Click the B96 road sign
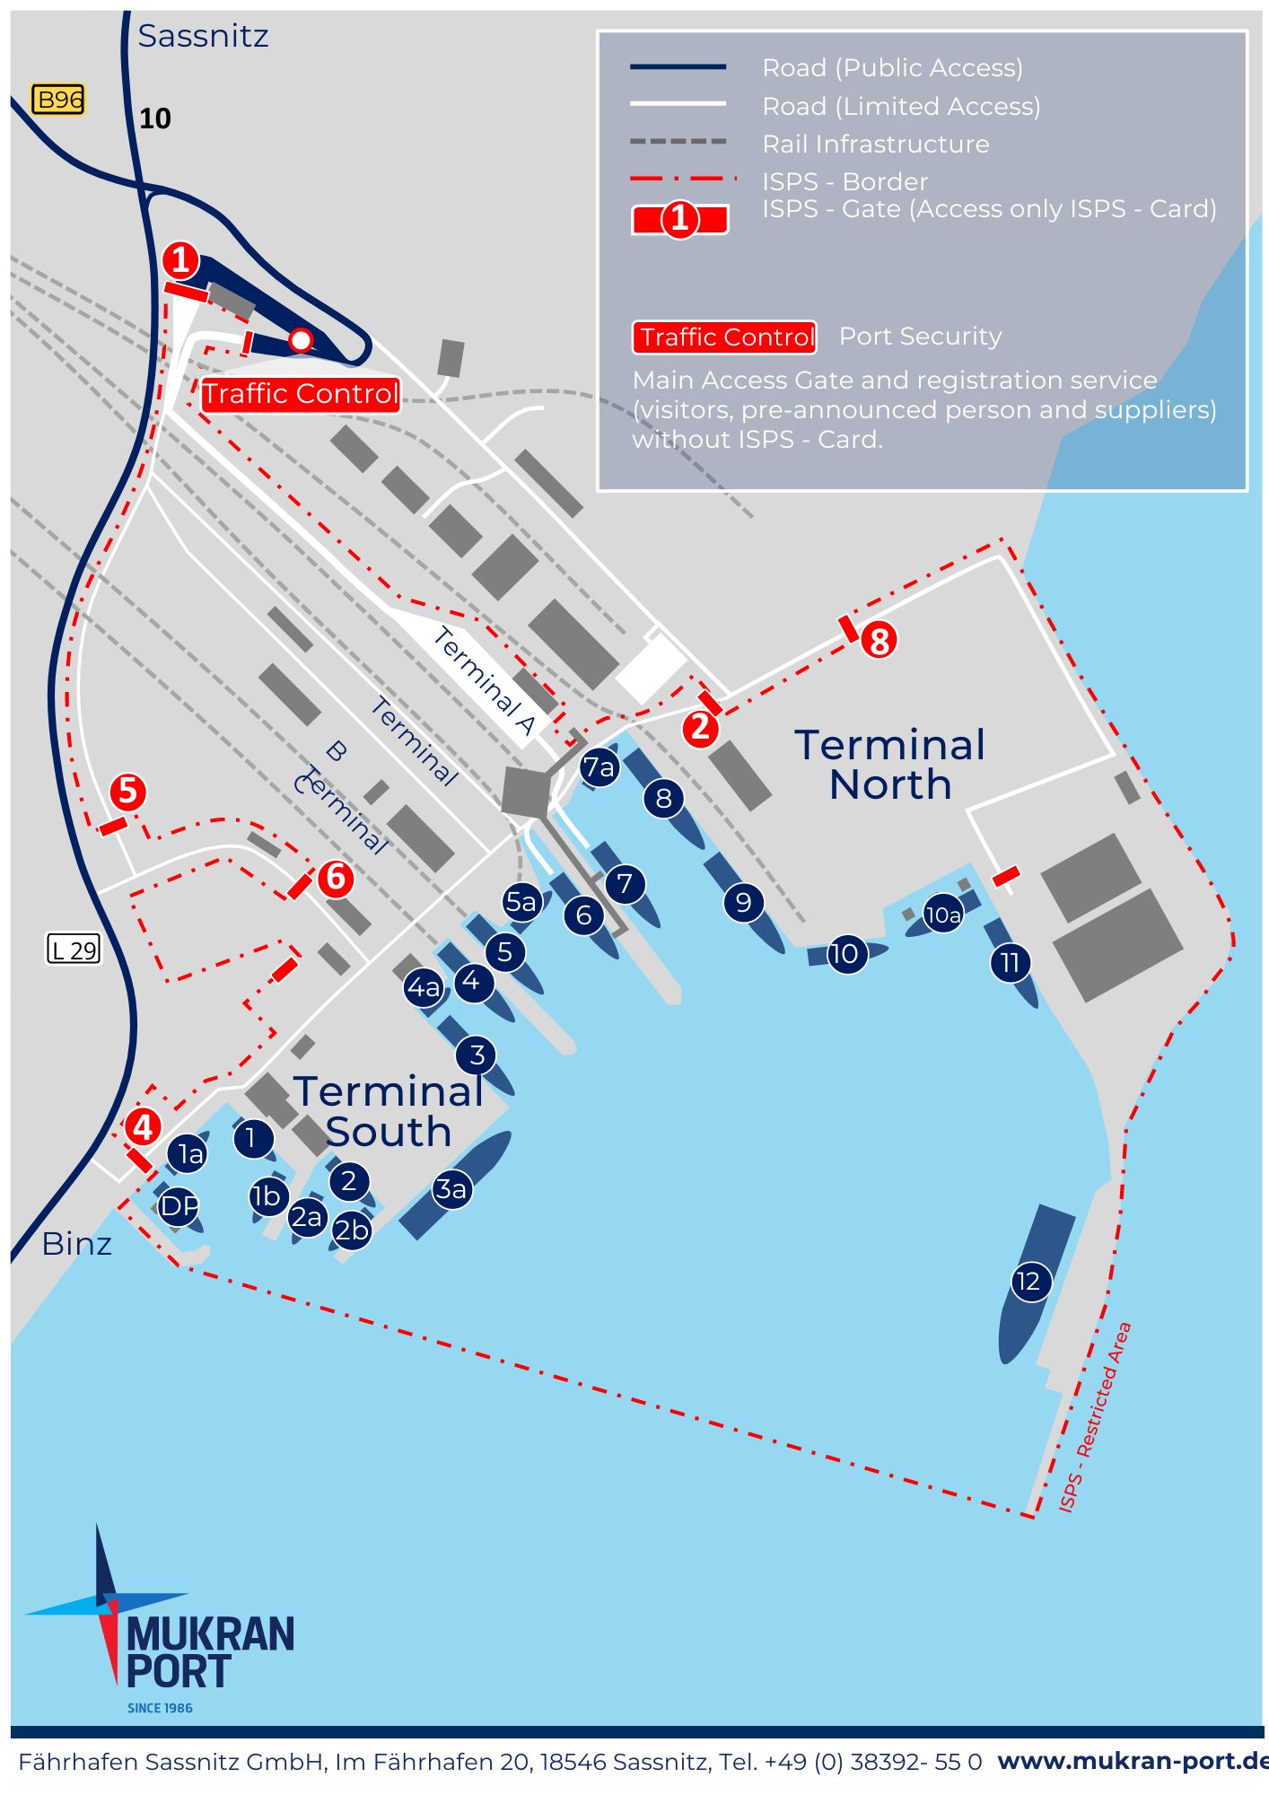click(58, 99)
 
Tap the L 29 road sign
click(74, 950)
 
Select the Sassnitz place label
click(203, 36)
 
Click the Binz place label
click(77, 1244)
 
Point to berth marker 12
click(1028, 1281)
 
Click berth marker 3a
click(451, 1189)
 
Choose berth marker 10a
click(942, 915)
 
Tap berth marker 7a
click(599, 767)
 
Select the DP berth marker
click(178, 1205)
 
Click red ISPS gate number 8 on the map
click(879, 641)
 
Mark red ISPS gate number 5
click(127, 792)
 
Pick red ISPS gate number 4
click(143, 1126)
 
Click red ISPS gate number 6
click(336, 877)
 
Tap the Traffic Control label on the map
click(300, 394)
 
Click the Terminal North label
click(890, 765)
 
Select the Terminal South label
click(388, 1111)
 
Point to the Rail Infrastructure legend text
click(876, 144)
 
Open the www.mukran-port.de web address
click(1133, 1761)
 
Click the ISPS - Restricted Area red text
click(1095, 1418)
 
